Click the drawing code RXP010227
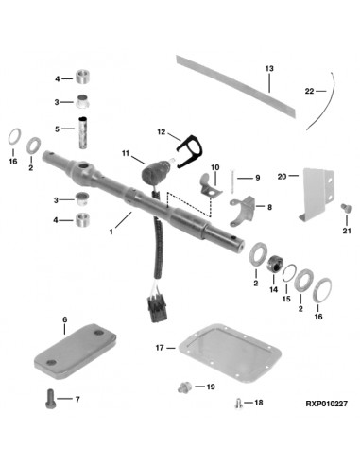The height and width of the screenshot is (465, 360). click(x=326, y=404)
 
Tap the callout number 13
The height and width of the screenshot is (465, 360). click(x=269, y=68)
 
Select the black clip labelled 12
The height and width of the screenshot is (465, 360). click(x=189, y=151)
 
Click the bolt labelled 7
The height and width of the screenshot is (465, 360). click(x=51, y=399)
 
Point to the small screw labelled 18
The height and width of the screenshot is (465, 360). click(x=238, y=403)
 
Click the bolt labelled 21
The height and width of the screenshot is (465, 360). click(x=346, y=208)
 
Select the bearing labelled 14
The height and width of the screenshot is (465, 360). click(x=276, y=264)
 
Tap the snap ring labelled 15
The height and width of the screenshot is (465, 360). click(x=289, y=272)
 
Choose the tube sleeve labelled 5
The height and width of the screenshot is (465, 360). click(x=82, y=132)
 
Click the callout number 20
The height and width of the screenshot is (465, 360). click(x=282, y=176)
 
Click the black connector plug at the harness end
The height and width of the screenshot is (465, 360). click(x=155, y=310)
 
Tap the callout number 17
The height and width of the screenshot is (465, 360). click(x=160, y=348)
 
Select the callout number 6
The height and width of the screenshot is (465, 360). click(x=65, y=319)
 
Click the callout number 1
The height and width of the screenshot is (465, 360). click(x=111, y=232)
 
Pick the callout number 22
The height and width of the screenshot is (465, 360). click(x=309, y=91)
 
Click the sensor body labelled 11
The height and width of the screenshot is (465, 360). click(x=156, y=170)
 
